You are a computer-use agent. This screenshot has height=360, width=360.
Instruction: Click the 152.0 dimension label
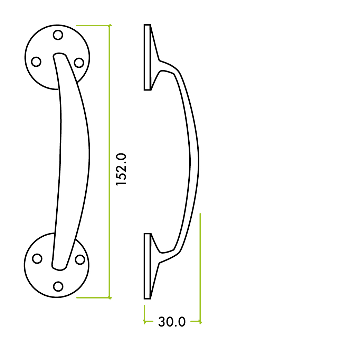[x=122, y=170]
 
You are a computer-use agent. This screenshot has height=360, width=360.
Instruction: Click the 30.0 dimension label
[x=172, y=322]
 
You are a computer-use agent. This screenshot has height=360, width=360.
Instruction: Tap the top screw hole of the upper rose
[x=58, y=35]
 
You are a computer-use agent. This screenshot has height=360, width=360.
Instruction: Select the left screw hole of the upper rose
[x=36, y=62]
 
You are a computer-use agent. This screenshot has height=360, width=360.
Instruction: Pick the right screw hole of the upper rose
[x=79, y=63]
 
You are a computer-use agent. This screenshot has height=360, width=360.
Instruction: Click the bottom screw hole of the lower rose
[x=58, y=286]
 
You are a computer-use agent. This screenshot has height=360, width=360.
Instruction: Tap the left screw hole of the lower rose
[x=37, y=258]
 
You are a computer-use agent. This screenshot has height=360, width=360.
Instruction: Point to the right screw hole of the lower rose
[x=80, y=259]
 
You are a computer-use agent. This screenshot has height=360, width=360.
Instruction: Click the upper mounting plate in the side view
[x=147, y=57]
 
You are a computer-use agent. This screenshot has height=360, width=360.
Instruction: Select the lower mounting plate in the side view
[x=147, y=266]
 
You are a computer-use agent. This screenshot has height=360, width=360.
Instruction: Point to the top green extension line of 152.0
[x=93, y=25]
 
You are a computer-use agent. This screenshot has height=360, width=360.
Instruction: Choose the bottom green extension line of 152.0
[x=93, y=297]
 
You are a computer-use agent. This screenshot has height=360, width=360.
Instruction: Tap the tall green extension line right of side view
[x=200, y=266]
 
